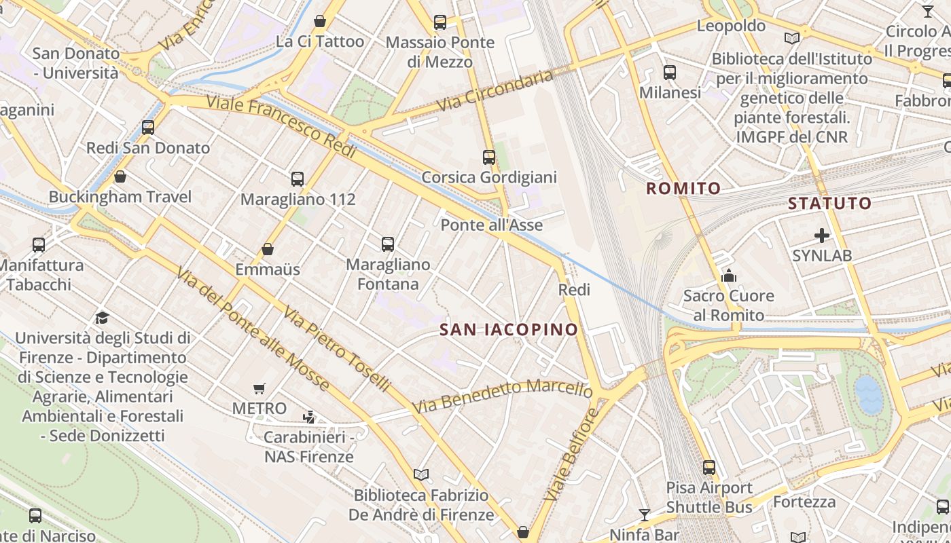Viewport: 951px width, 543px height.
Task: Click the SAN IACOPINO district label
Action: (x=509, y=330)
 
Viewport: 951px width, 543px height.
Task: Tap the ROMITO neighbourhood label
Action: (x=683, y=189)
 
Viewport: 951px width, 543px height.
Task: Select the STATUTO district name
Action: (x=829, y=203)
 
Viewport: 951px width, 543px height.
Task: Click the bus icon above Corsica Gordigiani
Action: (x=489, y=157)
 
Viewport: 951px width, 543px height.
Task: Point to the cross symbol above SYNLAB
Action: (x=822, y=236)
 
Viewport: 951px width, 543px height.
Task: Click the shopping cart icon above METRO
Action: (x=259, y=389)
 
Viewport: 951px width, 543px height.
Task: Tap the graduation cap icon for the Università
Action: (x=102, y=318)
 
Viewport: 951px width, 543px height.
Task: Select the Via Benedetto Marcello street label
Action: (x=503, y=396)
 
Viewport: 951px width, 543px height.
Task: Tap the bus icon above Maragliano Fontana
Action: (x=388, y=244)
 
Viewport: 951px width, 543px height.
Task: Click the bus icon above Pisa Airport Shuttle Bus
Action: (x=709, y=467)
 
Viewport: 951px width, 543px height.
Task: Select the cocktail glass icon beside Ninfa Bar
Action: (x=645, y=514)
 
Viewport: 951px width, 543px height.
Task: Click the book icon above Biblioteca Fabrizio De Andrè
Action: (x=421, y=474)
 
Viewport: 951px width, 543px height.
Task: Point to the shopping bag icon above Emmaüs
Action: (x=268, y=249)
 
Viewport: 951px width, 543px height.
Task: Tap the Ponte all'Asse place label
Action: (x=492, y=225)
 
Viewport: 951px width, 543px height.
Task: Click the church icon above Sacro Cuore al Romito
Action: (x=729, y=276)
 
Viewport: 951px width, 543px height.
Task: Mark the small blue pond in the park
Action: (x=869, y=394)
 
